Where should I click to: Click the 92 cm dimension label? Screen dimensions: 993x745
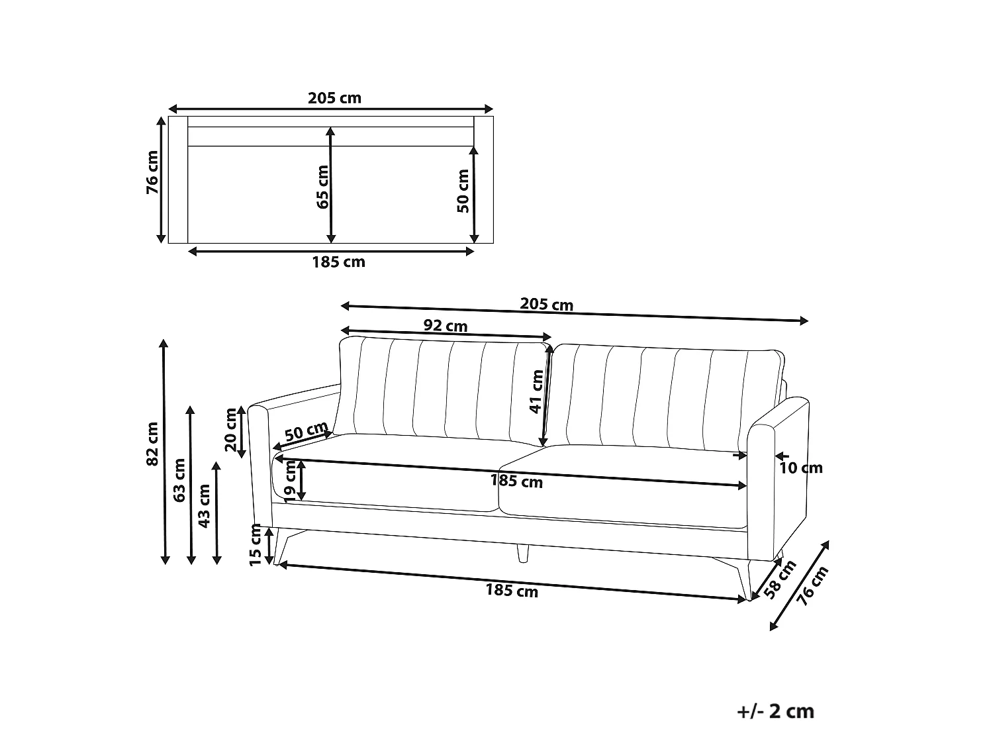click(445, 326)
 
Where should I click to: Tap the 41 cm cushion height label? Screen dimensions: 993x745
click(536, 392)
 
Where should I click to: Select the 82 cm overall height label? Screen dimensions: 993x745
click(152, 444)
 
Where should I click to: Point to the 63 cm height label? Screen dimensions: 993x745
click(179, 480)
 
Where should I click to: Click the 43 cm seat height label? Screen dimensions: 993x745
click(205, 506)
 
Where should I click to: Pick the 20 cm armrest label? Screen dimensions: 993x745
click(231, 430)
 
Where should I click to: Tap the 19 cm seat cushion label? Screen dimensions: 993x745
click(290, 481)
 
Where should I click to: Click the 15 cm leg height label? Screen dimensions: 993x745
click(256, 544)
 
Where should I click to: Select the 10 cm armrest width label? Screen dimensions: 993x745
click(800, 468)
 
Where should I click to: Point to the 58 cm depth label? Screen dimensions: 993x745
click(780, 579)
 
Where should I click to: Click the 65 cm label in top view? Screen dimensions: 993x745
click(322, 187)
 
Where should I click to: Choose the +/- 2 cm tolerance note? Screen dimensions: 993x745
click(776, 711)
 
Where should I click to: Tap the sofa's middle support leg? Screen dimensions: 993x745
click(522, 553)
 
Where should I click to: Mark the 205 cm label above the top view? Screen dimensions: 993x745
click(334, 98)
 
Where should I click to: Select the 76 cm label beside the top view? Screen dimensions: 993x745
click(152, 172)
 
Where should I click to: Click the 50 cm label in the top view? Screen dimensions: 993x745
click(463, 191)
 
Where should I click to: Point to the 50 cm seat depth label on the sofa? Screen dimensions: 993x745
click(307, 430)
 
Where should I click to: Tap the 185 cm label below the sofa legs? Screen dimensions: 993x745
click(512, 590)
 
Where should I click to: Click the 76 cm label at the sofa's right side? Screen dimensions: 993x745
click(812, 585)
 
